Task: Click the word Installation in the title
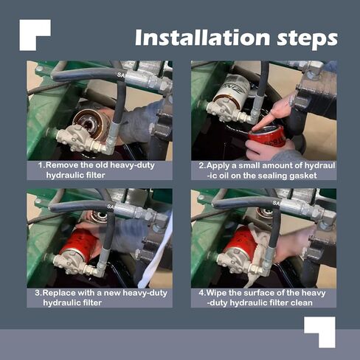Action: [x=202, y=38]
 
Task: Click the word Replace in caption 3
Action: [x=59, y=293]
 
